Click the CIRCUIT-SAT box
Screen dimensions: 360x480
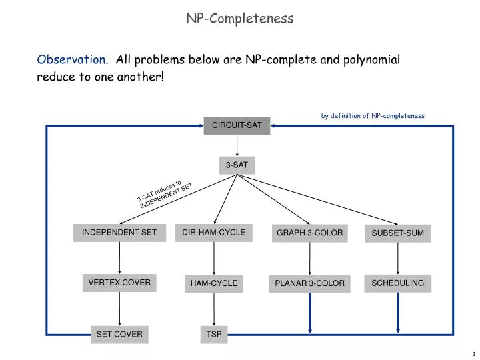[x=237, y=125]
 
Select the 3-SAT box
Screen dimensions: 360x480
[x=237, y=165]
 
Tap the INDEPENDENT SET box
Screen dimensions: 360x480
[x=119, y=233]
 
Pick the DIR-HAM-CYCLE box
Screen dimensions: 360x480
[x=214, y=233]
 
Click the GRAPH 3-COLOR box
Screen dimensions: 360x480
[x=309, y=233]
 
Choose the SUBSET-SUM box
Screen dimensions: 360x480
[x=398, y=233]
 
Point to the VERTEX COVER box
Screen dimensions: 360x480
[x=119, y=283]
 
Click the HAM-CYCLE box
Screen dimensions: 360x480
[x=214, y=284]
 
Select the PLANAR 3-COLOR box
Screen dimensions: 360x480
[x=309, y=284]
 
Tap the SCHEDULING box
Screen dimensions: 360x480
[x=398, y=283]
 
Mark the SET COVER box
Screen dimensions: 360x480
[x=119, y=334]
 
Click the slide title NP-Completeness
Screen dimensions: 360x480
[x=239, y=19]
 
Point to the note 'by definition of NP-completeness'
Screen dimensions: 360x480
[x=373, y=115]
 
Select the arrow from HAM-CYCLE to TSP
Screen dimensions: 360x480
[x=214, y=309]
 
